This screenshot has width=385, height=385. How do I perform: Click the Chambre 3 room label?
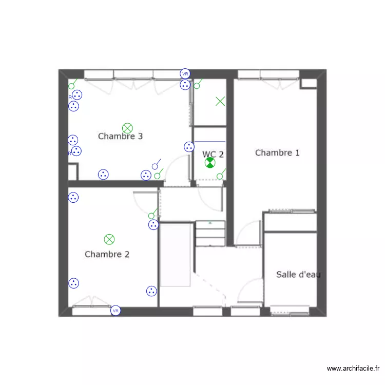[120, 137]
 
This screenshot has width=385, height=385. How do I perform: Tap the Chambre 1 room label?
[277, 152]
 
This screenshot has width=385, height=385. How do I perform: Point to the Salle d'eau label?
[298, 275]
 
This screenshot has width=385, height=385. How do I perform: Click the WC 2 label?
[213, 154]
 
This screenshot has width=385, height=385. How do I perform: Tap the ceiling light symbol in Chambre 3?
[127, 128]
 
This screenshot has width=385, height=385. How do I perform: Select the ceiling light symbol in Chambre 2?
[109, 239]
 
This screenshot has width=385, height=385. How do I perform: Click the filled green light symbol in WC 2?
[210, 163]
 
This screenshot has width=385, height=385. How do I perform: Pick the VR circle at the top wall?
[185, 74]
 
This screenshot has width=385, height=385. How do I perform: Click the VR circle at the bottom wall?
[116, 311]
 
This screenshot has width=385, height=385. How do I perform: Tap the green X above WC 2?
[220, 101]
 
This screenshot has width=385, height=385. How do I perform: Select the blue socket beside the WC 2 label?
[189, 147]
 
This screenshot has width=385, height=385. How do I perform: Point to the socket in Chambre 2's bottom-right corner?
[151, 291]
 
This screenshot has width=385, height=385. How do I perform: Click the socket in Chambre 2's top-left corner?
[73, 197]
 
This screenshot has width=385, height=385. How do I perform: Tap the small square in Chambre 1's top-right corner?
[308, 83]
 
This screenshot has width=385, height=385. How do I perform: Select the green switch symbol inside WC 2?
[221, 175]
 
